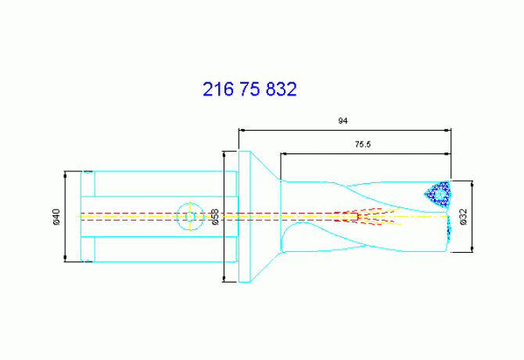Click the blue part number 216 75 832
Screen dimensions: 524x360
pyautogui.click(x=249, y=89)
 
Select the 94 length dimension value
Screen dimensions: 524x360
pyautogui.click(x=343, y=121)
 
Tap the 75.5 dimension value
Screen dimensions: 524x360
pyautogui.click(x=363, y=145)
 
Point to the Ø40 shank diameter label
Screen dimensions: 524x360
pyautogui.click(x=56, y=217)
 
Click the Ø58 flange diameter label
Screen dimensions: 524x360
pyautogui.click(x=215, y=217)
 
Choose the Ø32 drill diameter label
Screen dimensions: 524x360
pyautogui.click(x=463, y=217)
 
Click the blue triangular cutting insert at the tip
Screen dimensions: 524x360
pyautogui.click(x=439, y=195)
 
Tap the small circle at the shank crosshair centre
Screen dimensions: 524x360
pyautogui.click(x=190, y=217)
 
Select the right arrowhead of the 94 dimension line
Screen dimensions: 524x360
pyautogui.click(x=447, y=130)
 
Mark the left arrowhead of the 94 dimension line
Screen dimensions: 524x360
pyautogui.click(x=242, y=130)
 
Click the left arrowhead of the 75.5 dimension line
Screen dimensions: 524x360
pyautogui.click(x=284, y=153)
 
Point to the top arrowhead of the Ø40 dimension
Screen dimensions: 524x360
pyautogui.click(x=65, y=175)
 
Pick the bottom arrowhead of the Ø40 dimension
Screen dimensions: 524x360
pyautogui.click(x=65, y=258)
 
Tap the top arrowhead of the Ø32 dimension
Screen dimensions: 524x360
pyautogui.click(x=472, y=185)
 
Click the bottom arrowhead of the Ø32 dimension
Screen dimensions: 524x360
pyautogui.click(x=472, y=249)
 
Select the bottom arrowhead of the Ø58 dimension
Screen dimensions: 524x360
pyautogui.click(x=224, y=279)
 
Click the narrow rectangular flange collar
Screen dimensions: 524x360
pyautogui.click(x=245, y=217)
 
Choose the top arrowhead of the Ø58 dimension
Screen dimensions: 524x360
pyautogui.click(x=224, y=155)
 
